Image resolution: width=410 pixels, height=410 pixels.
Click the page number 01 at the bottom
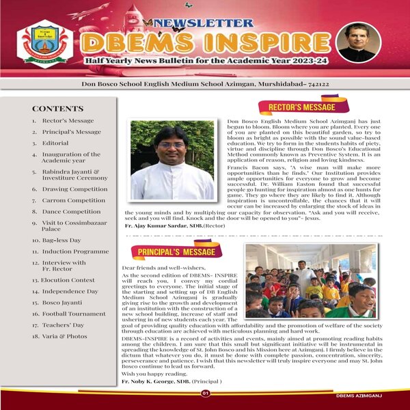tap(205, 394)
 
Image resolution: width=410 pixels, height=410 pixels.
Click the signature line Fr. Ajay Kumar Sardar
tap(169, 224)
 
